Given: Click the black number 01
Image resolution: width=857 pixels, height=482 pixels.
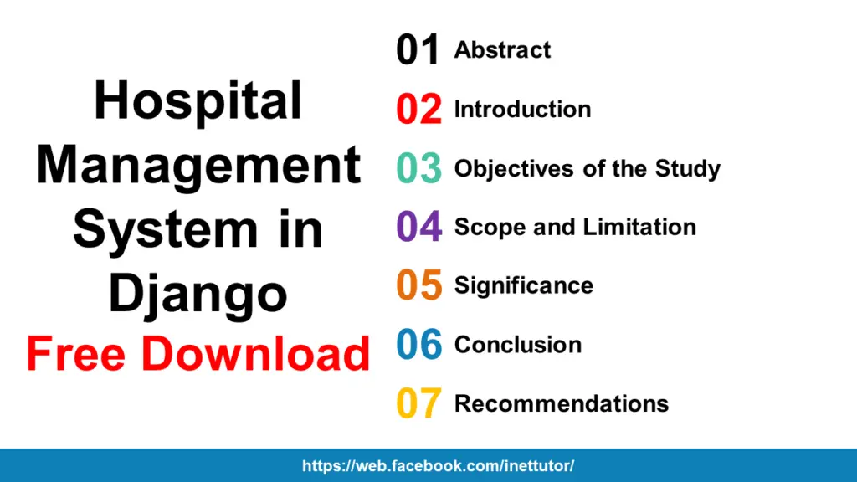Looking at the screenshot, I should point(418,50).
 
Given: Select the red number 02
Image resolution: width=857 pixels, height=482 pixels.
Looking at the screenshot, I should point(418,110).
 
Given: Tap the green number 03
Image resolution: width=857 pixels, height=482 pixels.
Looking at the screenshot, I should point(418,168).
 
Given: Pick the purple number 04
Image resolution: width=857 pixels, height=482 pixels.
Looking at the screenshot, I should point(418,227).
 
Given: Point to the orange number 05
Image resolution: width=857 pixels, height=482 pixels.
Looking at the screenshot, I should point(418,285).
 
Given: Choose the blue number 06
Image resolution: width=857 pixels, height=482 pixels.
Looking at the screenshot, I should point(418,345).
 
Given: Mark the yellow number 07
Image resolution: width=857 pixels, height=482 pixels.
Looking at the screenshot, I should point(418,403).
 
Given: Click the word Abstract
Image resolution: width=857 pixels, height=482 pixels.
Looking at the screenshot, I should point(502,50).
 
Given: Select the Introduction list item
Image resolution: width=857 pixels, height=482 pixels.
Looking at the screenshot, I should point(522,110).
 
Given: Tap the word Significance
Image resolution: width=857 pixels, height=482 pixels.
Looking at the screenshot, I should point(523,285).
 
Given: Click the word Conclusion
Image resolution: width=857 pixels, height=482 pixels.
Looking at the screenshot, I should point(517,345).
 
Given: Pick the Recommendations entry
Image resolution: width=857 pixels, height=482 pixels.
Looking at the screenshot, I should point(561,403).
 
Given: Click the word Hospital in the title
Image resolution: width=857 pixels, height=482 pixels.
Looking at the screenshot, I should point(198,102).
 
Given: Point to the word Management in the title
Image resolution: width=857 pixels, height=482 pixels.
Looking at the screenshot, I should point(198,165).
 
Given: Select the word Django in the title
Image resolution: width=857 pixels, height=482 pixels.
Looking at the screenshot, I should point(198,294).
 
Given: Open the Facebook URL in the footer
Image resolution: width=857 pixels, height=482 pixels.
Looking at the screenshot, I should point(438,466).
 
